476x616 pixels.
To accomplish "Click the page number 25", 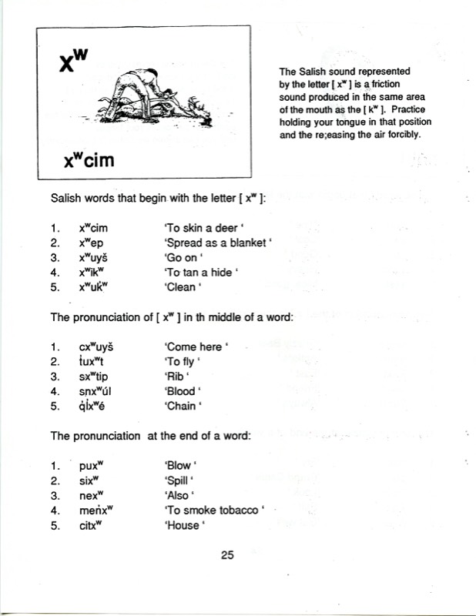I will coord(226,554).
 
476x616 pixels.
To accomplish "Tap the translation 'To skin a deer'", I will coord(199,229).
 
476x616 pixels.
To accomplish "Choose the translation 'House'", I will coord(184,526).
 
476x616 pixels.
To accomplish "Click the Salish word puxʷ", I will coord(91,466).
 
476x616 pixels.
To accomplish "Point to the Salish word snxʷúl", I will coord(97,391).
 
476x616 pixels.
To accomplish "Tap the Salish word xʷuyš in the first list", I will coord(96,258).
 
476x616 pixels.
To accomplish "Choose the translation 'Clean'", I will coord(183,287).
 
